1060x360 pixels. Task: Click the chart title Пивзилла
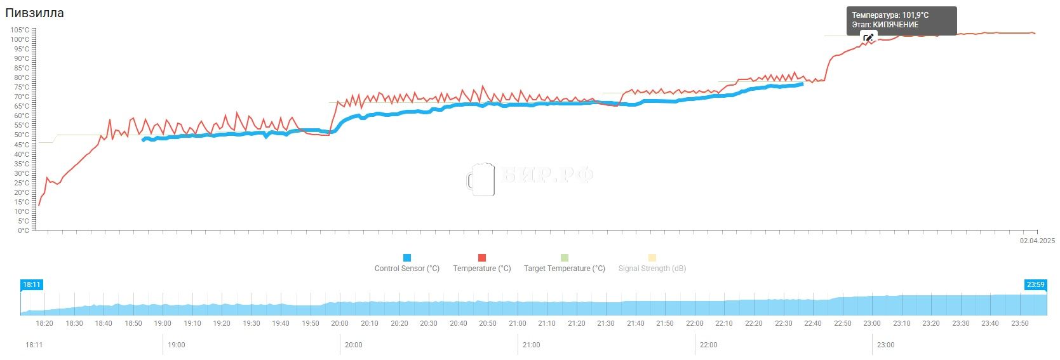point(34,13)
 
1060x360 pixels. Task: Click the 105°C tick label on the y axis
point(19,30)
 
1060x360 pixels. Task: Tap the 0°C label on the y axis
point(23,230)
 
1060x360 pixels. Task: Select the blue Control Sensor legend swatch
point(407,258)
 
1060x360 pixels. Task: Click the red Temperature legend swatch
point(482,258)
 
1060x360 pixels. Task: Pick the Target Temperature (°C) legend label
point(564,269)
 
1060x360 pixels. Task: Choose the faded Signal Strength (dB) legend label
point(652,269)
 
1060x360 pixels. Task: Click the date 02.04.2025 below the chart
point(1037,241)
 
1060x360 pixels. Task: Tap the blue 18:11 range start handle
point(32,284)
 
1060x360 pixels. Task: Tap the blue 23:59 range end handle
point(1035,284)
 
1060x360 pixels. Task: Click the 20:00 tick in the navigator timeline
point(340,323)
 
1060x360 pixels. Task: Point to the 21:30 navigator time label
point(606,323)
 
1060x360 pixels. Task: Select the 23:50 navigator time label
point(1019,323)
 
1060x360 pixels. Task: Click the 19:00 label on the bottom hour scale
point(177,345)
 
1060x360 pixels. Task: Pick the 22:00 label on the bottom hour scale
point(708,345)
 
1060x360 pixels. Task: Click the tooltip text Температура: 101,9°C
point(890,15)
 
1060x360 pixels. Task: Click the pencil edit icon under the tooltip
point(868,38)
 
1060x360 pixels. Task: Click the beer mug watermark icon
point(481,179)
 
